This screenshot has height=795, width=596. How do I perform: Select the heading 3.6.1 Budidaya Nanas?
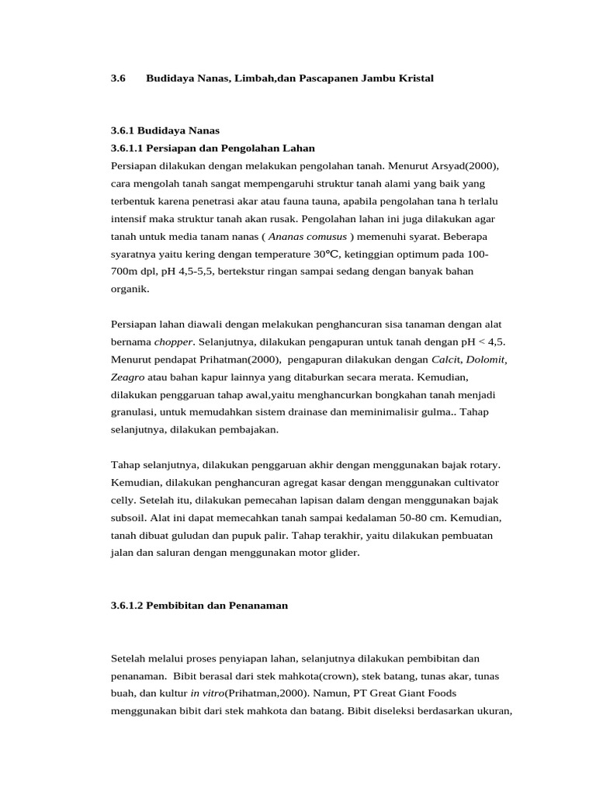point(165,130)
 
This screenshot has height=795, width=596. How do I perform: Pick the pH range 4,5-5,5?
point(197,271)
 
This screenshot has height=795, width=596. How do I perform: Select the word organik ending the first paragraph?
point(129,289)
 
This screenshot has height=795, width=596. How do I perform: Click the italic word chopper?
point(172,342)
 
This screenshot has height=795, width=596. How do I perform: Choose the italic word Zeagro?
point(128,377)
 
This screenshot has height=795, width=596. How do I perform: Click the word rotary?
point(482,464)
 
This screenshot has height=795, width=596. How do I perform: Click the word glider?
point(342,552)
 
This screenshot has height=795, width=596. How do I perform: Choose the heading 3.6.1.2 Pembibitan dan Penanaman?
point(199,605)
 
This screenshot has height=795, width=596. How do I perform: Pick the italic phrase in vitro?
point(206,693)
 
